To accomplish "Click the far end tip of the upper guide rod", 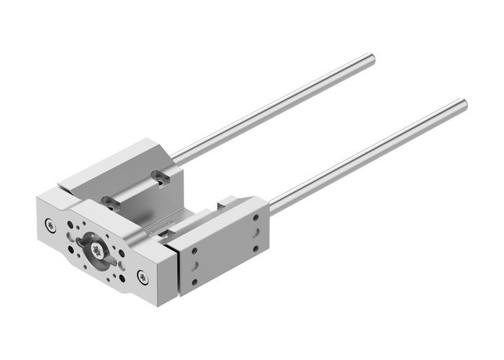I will (372, 58).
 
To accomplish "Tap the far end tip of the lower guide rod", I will (464, 104).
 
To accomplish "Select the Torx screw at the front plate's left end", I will (49, 223).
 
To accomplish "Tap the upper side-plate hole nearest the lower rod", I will (256, 217).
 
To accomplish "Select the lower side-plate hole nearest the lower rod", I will (256, 248).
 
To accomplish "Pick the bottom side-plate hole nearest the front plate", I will (193, 282).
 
